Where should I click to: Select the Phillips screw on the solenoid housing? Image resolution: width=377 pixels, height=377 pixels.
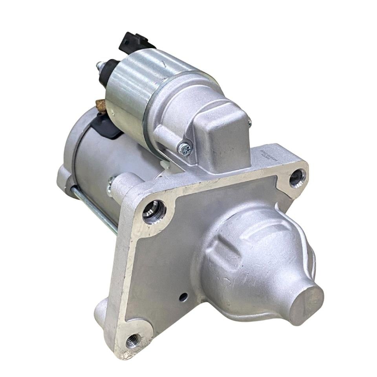184,148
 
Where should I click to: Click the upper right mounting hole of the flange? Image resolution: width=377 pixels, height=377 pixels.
297,178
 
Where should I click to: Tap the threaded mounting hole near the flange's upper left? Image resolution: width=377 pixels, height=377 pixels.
154,212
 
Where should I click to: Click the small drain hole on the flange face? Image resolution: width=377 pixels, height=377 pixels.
183,297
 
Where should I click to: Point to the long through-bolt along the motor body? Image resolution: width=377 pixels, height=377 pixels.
94,210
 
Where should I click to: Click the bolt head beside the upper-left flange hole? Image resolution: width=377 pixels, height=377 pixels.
111,185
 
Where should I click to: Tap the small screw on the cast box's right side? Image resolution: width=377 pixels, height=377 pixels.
249,123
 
